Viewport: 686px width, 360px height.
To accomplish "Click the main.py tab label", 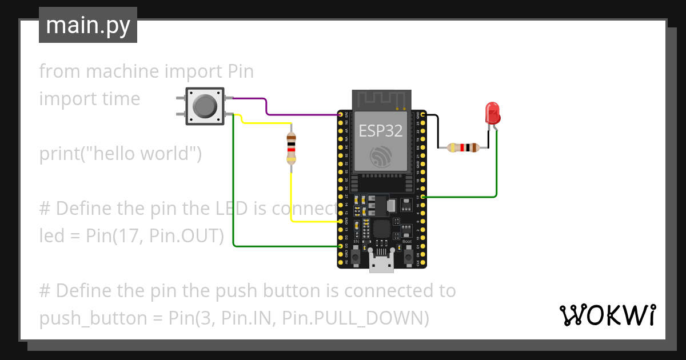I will point(87,25).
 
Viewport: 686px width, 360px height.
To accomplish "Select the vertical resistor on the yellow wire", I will point(292,148).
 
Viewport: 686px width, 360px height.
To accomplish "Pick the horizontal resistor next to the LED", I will point(462,148).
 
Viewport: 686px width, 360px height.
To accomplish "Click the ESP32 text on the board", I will point(380,131).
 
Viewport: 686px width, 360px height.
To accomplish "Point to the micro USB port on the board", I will point(381,264).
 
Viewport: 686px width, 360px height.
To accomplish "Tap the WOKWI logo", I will point(607,315).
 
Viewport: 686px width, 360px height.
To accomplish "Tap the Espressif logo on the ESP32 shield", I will point(380,157).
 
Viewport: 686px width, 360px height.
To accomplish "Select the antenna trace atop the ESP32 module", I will point(380,99).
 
